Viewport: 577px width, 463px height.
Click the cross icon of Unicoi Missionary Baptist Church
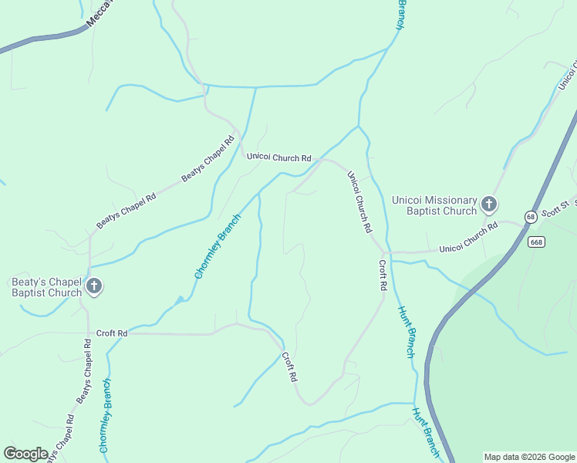[488, 204]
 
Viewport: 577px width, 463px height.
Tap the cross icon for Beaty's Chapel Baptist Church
[93, 287]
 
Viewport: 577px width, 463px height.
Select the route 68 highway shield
[531, 217]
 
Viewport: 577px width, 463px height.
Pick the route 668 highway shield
[537, 242]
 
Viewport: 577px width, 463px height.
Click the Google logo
[25, 454]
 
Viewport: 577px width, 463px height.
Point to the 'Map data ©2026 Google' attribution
[529, 457]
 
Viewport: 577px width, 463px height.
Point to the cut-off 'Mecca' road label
[100, 13]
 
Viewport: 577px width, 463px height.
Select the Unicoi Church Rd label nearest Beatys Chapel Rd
[278, 157]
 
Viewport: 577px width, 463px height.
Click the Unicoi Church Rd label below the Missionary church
[468, 238]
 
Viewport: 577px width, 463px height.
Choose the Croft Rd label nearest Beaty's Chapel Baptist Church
[112, 333]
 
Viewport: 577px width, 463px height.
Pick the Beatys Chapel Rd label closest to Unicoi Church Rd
[208, 160]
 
